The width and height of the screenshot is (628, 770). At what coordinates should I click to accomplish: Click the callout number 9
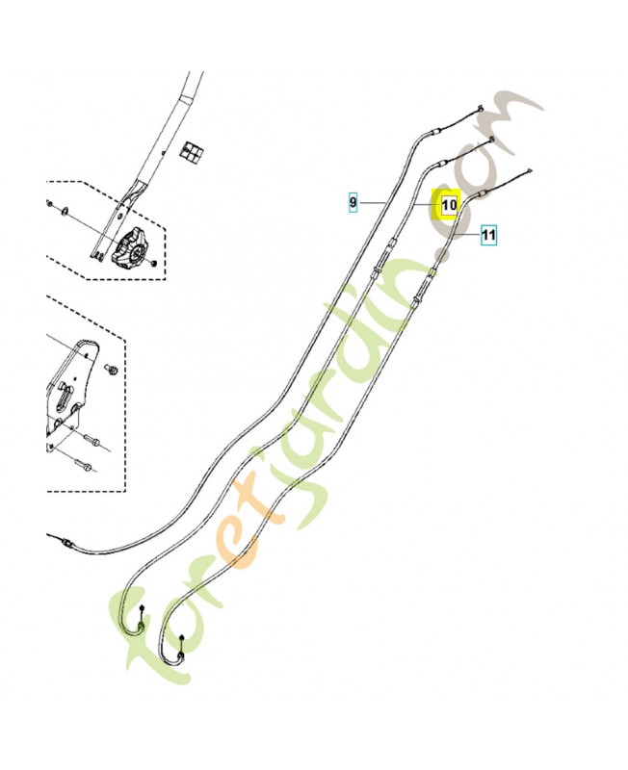point(353,202)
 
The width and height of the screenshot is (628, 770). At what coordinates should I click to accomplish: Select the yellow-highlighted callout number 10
point(450,204)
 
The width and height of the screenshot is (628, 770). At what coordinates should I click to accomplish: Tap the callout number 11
point(488,235)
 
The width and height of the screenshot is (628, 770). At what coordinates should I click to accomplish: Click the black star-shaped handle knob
point(131,247)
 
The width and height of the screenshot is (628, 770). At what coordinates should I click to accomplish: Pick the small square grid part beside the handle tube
point(192,153)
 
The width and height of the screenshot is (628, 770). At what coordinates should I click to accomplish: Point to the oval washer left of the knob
point(65,212)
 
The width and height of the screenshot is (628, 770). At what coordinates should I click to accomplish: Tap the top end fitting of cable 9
point(480,109)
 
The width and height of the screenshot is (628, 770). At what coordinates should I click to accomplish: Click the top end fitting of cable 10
point(491,141)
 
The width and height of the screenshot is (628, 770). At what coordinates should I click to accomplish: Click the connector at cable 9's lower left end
point(66,543)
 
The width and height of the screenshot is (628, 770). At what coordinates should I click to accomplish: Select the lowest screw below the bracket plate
point(83,464)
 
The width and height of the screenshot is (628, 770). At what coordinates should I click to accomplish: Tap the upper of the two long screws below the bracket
point(92,441)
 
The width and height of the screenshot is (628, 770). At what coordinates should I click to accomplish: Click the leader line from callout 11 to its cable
point(467,236)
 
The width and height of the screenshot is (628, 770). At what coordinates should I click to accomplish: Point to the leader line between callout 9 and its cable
point(372,202)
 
